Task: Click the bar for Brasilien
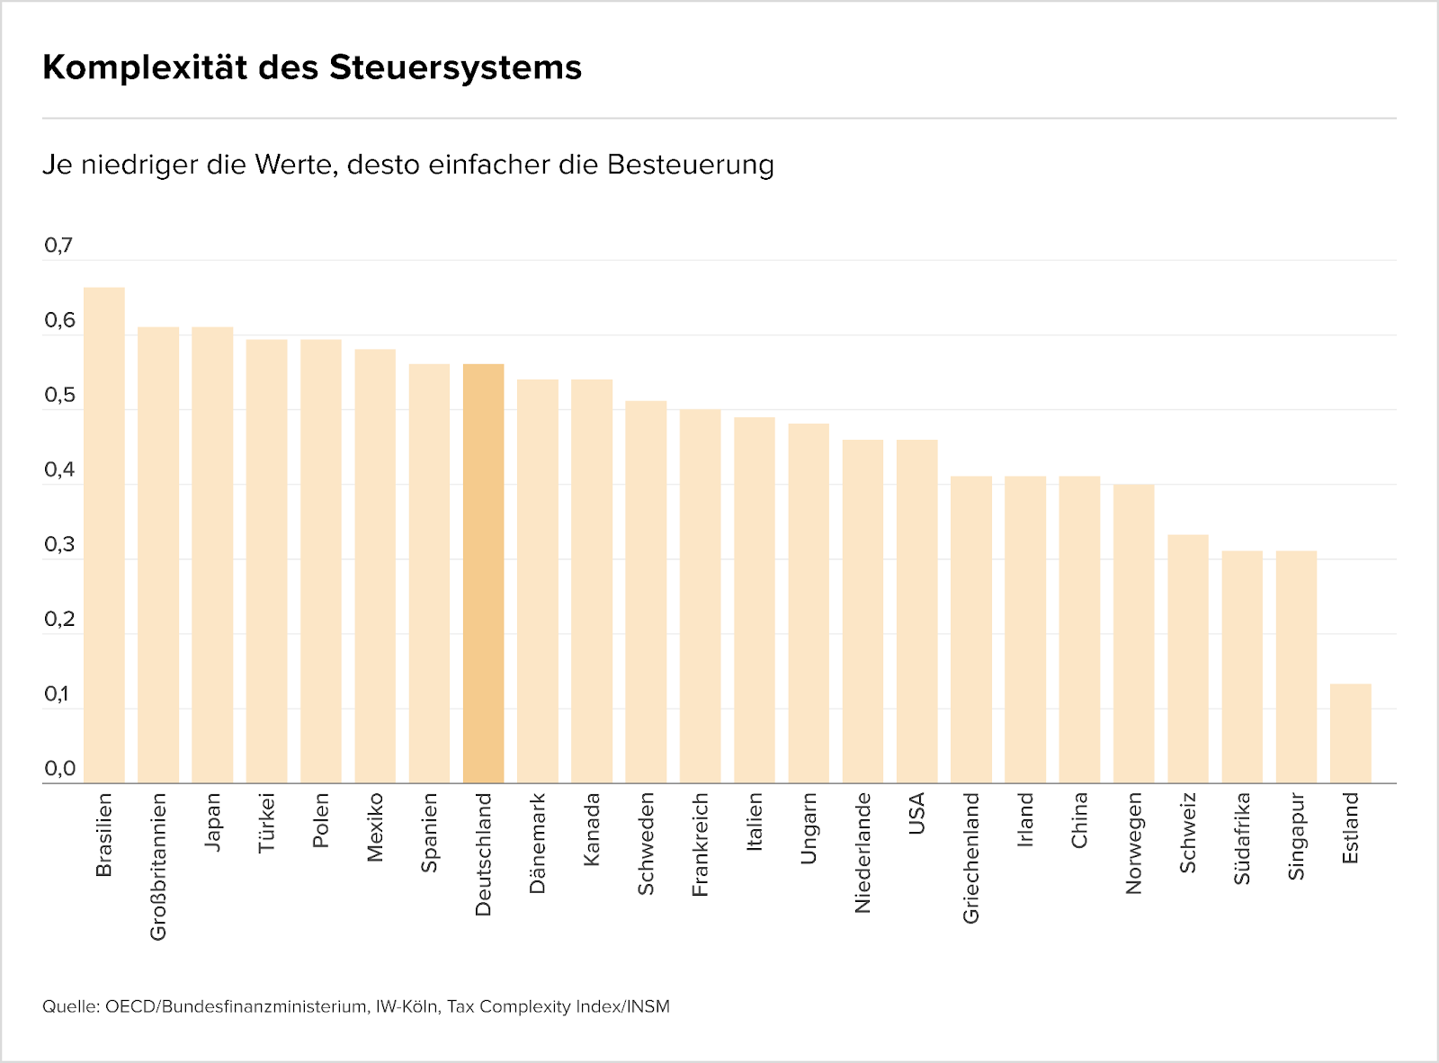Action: (x=104, y=535)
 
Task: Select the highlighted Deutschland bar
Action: (x=484, y=574)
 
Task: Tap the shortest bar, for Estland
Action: (x=1351, y=733)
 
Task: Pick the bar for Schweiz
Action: (x=1188, y=659)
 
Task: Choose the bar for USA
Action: (x=917, y=612)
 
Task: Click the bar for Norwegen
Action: (x=1134, y=634)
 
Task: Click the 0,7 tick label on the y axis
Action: (x=58, y=246)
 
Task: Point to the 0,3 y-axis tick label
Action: (x=58, y=545)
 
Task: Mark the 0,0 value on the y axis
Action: (x=58, y=769)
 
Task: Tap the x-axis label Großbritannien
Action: (x=159, y=866)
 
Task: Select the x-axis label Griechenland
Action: (x=971, y=857)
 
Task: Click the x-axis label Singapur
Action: (x=1296, y=835)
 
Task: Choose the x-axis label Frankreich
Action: (x=701, y=844)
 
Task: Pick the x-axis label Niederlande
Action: (x=863, y=853)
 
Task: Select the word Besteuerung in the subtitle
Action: (x=691, y=165)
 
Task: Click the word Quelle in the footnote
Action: (x=69, y=1006)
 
